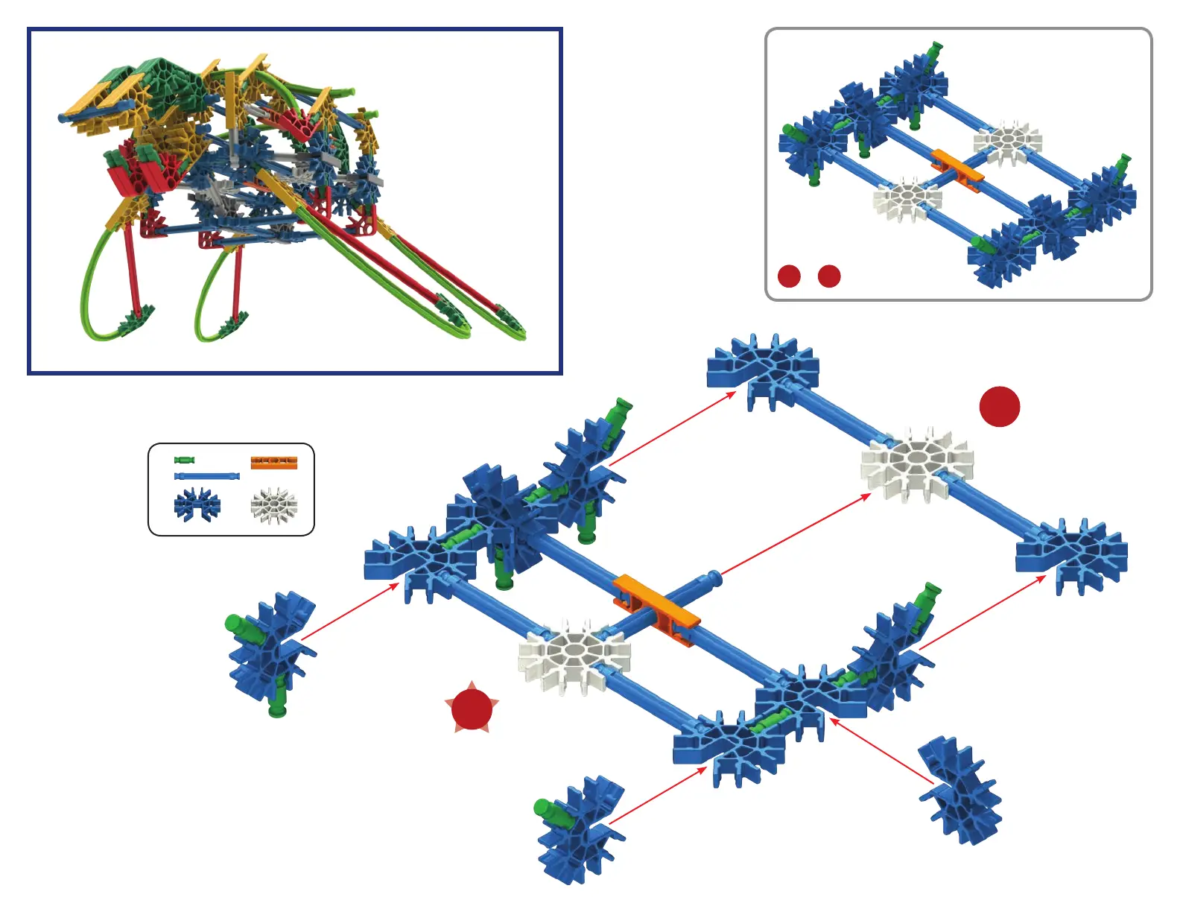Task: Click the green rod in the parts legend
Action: click(184, 460)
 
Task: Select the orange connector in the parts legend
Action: click(273, 463)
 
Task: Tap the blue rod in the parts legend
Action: click(206, 476)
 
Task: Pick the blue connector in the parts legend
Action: click(197, 504)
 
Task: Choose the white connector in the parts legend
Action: click(273, 505)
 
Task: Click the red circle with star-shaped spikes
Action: click(472, 709)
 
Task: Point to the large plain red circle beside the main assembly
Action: click(999, 406)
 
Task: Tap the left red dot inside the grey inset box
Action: click(789, 276)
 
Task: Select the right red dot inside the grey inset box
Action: click(829, 276)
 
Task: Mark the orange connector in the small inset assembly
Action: click(957, 168)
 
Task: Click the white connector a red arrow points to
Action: click(916, 463)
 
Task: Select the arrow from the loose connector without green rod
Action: click(881, 751)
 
